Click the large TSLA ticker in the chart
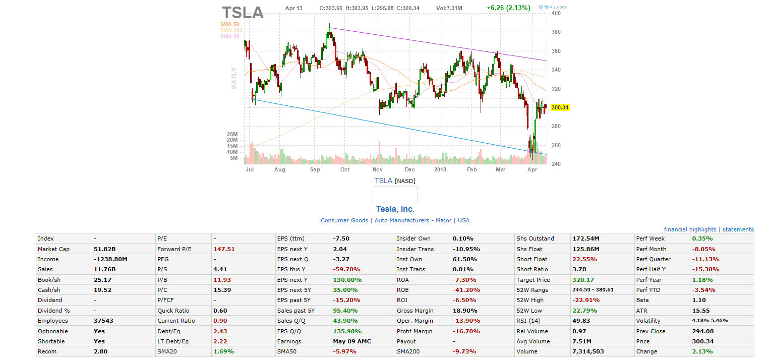[243, 12]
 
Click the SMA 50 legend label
[229, 24]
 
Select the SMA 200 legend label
[231, 30]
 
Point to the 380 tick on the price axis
[556, 32]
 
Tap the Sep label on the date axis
[315, 170]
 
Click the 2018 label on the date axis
[441, 170]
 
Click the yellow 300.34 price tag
[560, 107]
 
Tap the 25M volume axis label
[232, 134]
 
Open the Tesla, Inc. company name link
[395, 209]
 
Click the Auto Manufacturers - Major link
[412, 220]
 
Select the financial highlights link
[690, 229]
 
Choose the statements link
[738, 229]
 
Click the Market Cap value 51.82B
[104, 249]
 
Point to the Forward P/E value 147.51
[224, 249]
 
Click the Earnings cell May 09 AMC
[351, 341]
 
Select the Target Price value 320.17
[583, 280]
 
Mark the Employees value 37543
[104, 321]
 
